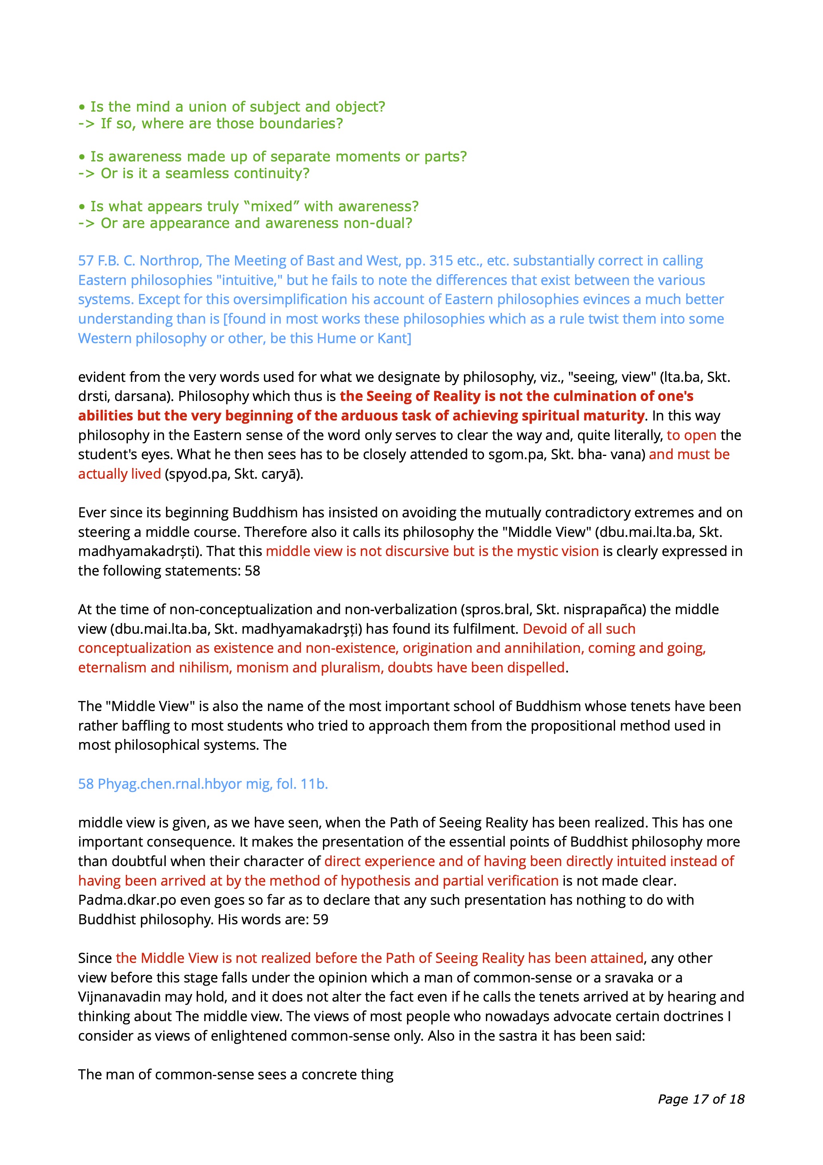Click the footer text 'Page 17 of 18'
[x=701, y=1099]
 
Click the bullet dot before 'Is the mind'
[x=82, y=107]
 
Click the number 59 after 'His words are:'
[x=321, y=919]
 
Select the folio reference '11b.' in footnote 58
[x=314, y=784]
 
